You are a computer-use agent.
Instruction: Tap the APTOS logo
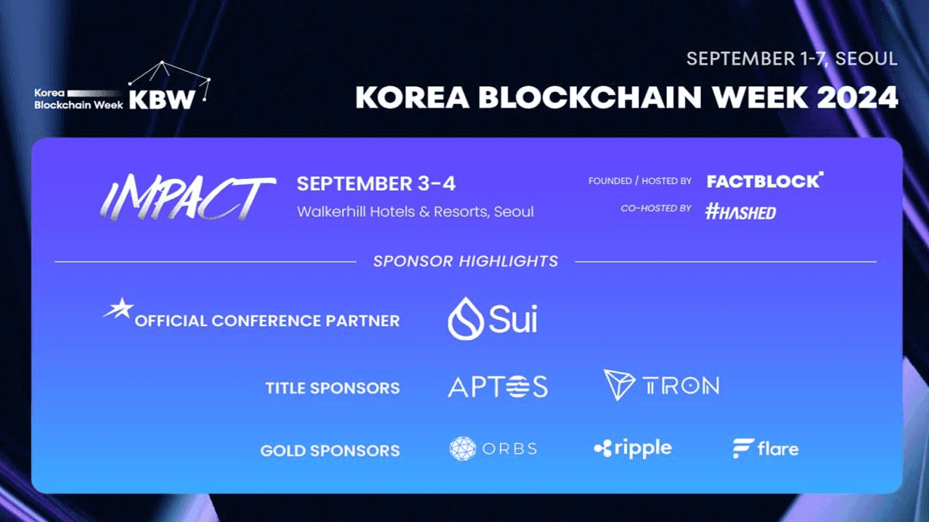tap(497, 386)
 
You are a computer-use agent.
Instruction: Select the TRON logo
tap(661, 385)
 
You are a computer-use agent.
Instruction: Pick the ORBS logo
tap(494, 449)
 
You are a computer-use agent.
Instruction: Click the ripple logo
tap(632, 449)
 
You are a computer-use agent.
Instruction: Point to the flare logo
tap(765, 449)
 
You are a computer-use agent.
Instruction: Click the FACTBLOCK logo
tap(765, 181)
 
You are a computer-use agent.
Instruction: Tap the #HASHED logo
tap(740, 212)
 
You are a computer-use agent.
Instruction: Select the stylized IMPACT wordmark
tap(187, 197)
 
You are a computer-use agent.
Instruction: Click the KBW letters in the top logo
tap(162, 99)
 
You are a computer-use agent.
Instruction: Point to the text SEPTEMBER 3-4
tap(376, 184)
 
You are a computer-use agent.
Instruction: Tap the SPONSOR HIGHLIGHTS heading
tap(465, 261)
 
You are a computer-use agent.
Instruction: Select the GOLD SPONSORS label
tap(330, 450)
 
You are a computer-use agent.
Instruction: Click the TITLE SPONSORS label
tap(332, 388)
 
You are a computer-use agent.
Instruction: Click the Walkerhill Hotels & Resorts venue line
tap(415, 212)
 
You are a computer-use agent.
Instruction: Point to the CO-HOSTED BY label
tap(655, 208)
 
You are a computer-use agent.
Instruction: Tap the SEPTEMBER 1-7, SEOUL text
tap(792, 59)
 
